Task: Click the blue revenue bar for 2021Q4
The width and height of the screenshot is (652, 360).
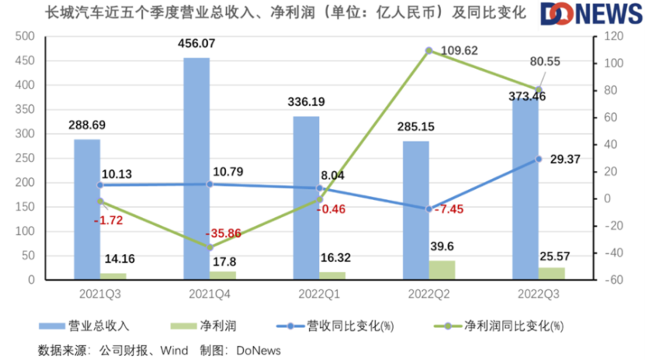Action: [197, 169]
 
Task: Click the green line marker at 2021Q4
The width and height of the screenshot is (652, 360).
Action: [209, 247]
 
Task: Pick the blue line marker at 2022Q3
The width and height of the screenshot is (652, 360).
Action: [539, 158]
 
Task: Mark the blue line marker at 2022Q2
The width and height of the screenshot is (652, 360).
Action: [429, 209]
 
